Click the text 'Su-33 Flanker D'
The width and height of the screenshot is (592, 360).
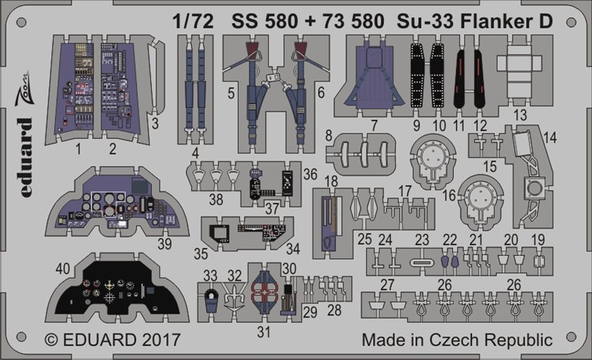pos(474,21)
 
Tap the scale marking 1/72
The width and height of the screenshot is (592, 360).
pos(193,21)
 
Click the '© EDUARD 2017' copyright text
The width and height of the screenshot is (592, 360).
pos(113,340)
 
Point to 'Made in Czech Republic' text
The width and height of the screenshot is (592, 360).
pos(458,340)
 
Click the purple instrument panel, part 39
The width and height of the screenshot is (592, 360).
pos(117,204)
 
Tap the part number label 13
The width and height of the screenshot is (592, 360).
pos(520,115)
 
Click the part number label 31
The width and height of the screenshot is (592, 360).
pos(264,332)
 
